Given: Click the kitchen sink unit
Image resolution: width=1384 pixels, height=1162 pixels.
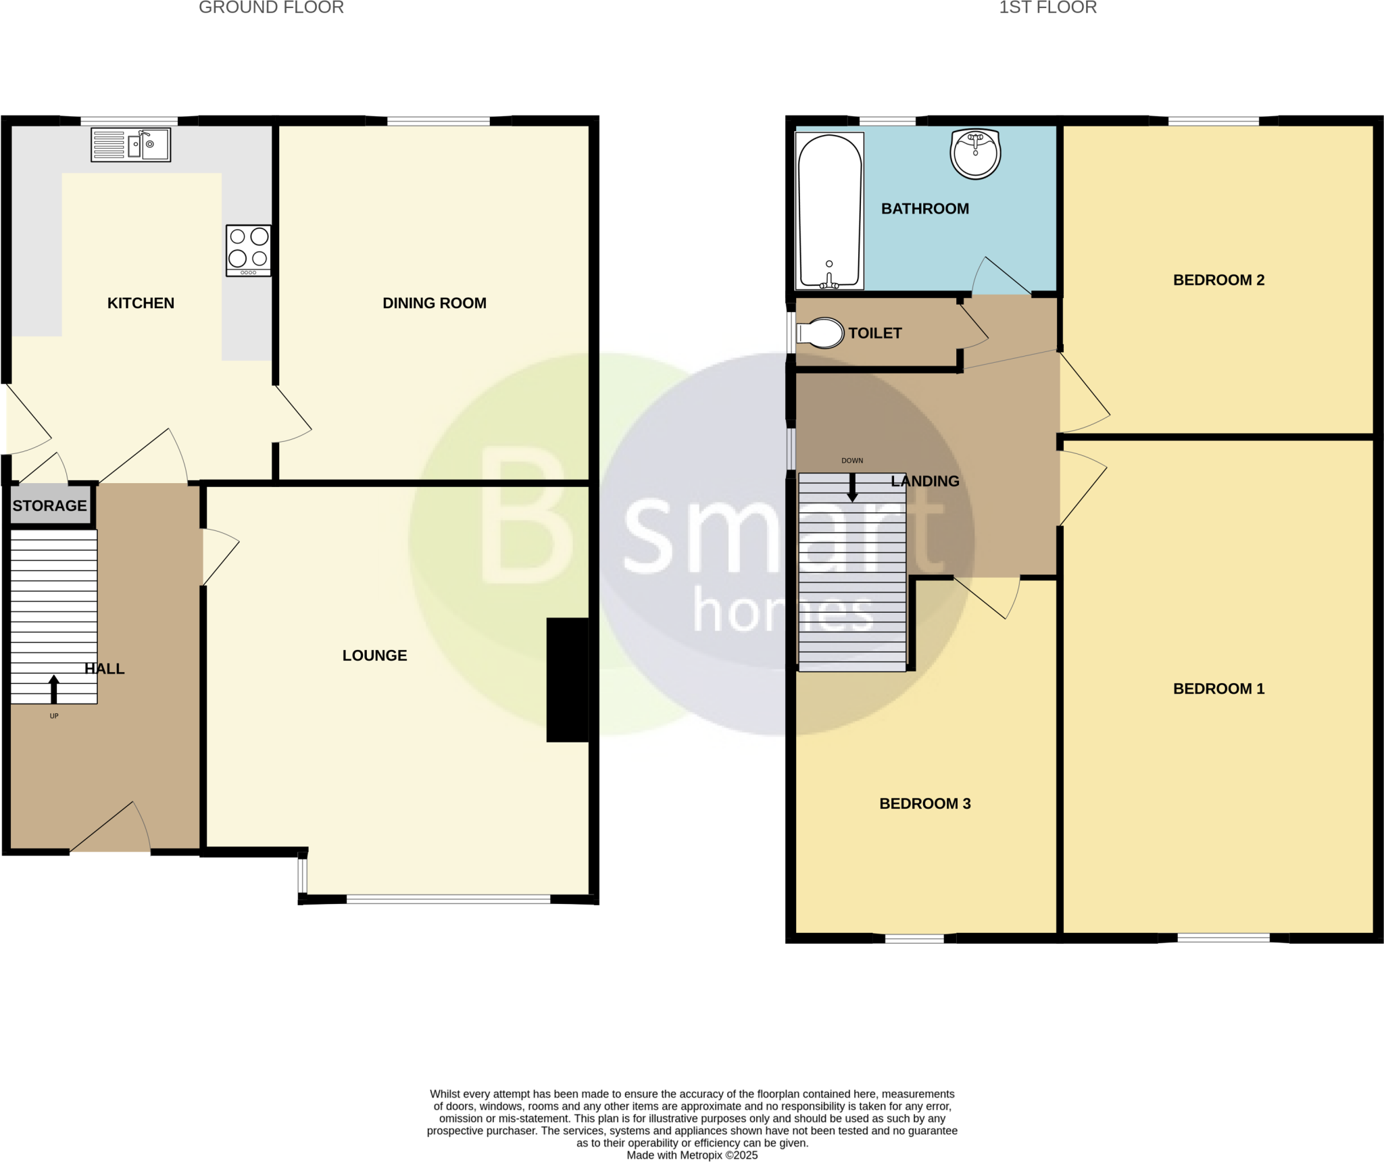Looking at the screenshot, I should point(131,145).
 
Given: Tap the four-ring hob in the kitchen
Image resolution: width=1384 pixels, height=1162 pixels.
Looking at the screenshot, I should point(249,251).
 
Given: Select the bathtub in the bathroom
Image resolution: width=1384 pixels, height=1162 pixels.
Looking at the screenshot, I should point(830,211).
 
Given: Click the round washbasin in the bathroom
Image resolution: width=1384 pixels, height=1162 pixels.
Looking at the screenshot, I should point(975,154).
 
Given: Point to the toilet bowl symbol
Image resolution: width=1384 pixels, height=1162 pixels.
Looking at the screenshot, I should point(820,333).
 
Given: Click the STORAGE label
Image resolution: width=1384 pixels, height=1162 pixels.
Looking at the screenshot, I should point(50,506).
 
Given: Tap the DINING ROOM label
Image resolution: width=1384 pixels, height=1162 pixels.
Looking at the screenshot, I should point(435,303).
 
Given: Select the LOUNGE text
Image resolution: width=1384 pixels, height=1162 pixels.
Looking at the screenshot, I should point(374,655).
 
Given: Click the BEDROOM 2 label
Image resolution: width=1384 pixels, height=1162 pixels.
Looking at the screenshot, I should point(1218,280).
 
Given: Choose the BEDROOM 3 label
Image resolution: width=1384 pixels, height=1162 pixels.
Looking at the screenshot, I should point(924,803).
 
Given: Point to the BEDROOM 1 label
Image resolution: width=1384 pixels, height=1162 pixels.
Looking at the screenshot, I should point(1218,688).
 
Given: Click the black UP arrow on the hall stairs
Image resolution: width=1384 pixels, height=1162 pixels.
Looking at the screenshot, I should point(54,689).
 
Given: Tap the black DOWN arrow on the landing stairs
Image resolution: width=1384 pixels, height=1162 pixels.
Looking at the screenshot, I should point(852,488).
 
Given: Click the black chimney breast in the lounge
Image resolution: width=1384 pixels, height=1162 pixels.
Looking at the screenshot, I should point(568,680).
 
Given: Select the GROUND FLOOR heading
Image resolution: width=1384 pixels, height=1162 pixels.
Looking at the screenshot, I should point(271,7).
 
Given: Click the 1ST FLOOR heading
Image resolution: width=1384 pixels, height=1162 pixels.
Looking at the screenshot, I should point(1047,7).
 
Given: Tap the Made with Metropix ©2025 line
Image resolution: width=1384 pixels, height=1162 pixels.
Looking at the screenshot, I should point(692,1155).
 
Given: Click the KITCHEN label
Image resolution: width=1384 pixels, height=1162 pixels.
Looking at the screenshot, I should point(141,303).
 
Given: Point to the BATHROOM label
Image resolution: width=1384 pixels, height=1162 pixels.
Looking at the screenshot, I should point(924,209).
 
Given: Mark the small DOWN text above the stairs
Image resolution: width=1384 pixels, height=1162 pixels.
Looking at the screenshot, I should point(852,461).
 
